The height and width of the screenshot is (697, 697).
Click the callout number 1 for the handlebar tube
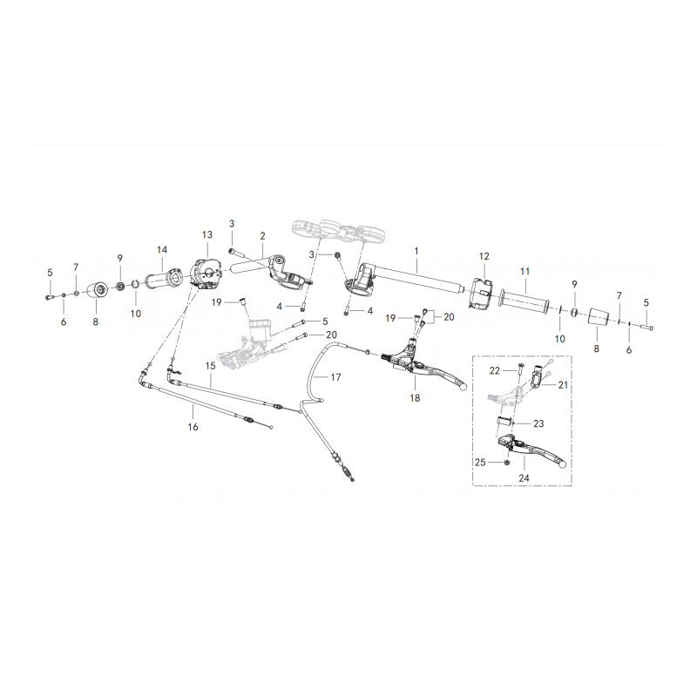pyautogui.click(x=416, y=251)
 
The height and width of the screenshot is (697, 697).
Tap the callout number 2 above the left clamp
pyautogui.click(x=263, y=236)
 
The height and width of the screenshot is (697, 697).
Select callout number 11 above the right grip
pyautogui.click(x=525, y=271)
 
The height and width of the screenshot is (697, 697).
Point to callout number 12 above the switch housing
pyautogui.click(x=484, y=256)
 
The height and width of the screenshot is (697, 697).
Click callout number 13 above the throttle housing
pyautogui.click(x=207, y=234)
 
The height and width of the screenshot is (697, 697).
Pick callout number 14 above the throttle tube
pyautogui.click(x=162, y=250)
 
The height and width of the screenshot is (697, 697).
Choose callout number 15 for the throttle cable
pyautogui.click(x=210, y=365)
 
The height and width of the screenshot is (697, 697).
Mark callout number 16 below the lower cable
pyautogui.click(x=193, y=427)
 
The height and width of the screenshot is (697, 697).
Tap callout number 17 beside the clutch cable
pyautogui.click(x=336, y=377)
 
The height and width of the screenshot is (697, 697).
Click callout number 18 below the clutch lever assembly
pyautogui.click(x=415, y=398)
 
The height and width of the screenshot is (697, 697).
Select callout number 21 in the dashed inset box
pyautogui.click(x=563, y=385)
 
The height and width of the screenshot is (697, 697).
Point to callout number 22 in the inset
pyautogui.click(x=495, y=371)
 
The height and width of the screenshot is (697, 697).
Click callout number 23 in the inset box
pyautogui.click(x=538, y=423)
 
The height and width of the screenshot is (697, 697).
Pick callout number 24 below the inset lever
pyautogui.click(x=524, y=477)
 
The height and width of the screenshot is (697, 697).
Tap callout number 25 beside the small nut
pyautogui.click(x=480, y=463)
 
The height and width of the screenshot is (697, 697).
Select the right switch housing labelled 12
pyautogui.click(x=480, y=293)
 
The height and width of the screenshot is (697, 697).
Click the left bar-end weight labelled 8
pyautogui.click(x=98, y=291)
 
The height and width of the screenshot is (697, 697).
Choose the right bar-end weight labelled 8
pyautogui.click(x=597, y=319)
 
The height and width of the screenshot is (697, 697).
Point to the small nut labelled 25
pyautogui.click(x=508, y=463)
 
